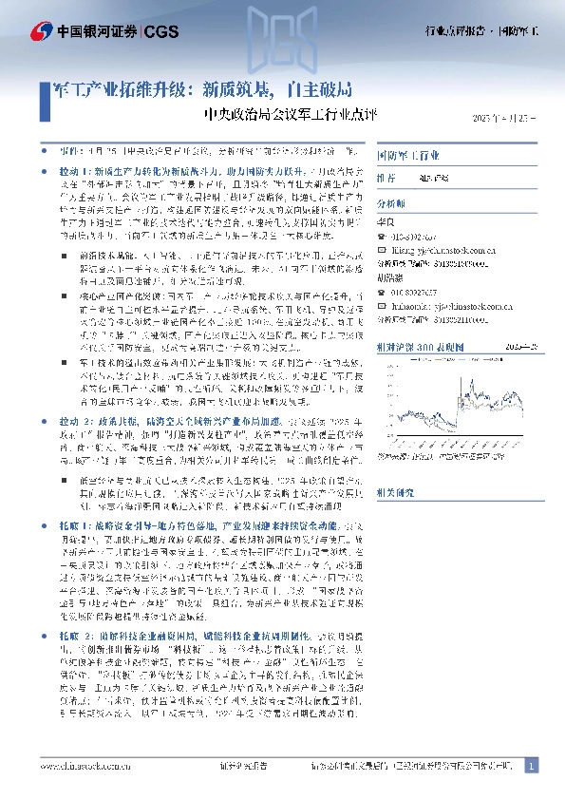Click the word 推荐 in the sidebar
click(386, 178)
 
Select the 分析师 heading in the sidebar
click(391, 204)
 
